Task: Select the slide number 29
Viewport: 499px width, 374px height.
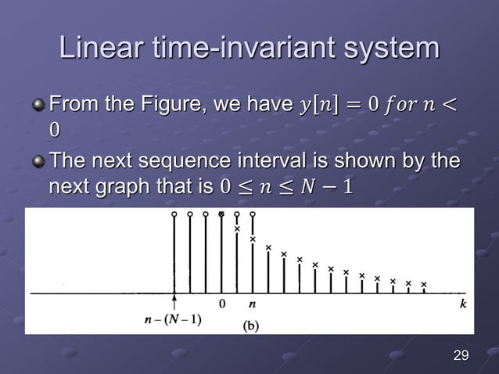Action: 461,357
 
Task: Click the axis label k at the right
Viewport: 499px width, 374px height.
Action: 463,304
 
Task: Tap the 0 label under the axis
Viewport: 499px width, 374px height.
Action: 221,304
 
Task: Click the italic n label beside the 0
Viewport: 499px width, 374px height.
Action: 252,304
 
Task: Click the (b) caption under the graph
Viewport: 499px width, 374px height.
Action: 252,325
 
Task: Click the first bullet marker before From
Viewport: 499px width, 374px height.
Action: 38,104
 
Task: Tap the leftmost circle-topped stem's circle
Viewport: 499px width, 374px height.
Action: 174,214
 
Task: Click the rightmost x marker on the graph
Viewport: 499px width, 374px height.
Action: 424,284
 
